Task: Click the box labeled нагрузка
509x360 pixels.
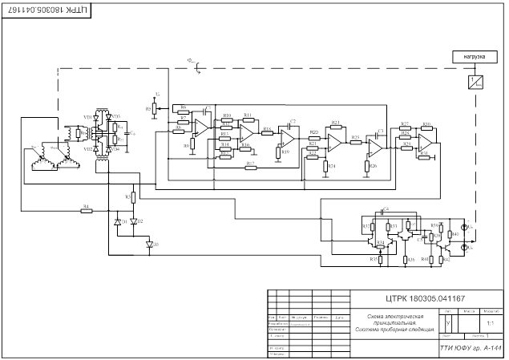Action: (471, 57)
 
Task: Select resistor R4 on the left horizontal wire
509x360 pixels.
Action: (87, 211)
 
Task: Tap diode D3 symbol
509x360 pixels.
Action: (148, 243)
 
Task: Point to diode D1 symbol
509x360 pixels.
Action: (117, 220)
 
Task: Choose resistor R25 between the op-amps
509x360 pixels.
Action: (355, 142)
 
